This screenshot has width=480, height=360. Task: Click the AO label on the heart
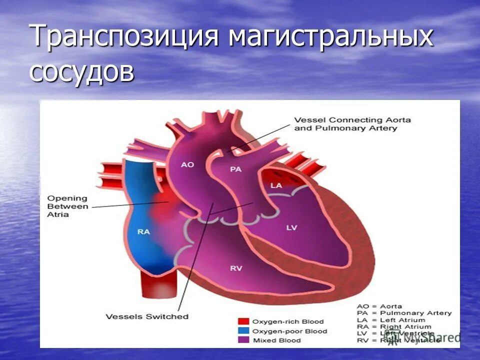pos(187,164)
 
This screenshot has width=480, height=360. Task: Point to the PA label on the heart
pos(235,169)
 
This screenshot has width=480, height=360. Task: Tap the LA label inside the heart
pos(276,185)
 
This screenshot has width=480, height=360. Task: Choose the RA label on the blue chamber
pos(143,231)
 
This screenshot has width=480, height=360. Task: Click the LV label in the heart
pos(291,227)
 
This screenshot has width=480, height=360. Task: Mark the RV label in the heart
pos(236,268)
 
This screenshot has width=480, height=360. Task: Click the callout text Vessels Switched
pos(147,316)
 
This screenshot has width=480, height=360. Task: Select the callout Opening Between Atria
pos(67,206)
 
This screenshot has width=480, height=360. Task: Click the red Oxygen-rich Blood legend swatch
pos(243,321)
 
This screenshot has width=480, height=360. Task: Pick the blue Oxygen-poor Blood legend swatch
pos(243,331)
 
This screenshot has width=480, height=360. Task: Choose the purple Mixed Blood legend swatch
pos(243,340)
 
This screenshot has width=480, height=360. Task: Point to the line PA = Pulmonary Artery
pos(404,313)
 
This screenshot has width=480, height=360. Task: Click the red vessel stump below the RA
pos(158,287)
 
